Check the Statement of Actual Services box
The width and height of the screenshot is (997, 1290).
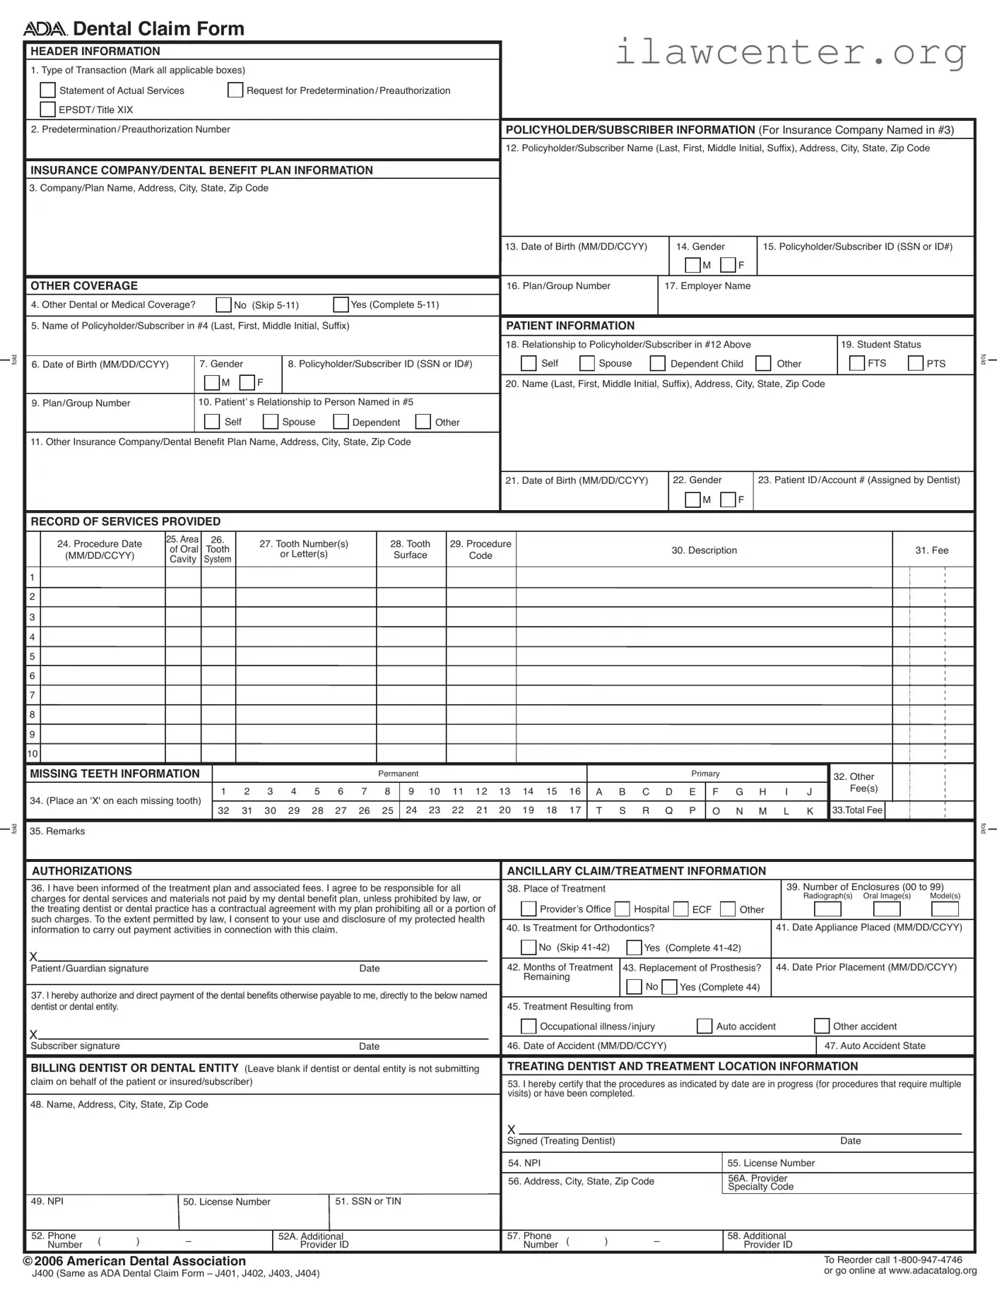[47, 90]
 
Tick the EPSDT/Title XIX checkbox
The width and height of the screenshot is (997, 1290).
[47, 109]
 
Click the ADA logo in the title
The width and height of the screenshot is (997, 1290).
[45, 29]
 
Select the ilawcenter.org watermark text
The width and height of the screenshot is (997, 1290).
[790, 52]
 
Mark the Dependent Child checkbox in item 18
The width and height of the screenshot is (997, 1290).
[657, 363]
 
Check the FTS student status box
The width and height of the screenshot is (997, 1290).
[856, 363]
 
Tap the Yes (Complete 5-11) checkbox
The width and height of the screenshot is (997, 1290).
[341, 304]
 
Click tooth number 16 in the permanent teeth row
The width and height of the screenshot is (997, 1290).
[574, 791]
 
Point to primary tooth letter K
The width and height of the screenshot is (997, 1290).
[810, 811]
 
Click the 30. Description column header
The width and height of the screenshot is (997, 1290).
[704, 550]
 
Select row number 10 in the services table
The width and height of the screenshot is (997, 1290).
[33, 753]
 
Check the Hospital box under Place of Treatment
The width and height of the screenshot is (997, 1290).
[622, 909]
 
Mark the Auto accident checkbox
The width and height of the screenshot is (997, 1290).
[704, 1026]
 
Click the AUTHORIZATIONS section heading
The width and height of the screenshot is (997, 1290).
[81, 870]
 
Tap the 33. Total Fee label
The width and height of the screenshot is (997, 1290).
[857, 810]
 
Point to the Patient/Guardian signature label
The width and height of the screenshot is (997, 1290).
[89, 969]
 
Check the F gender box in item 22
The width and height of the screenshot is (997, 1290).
[728, 499]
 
